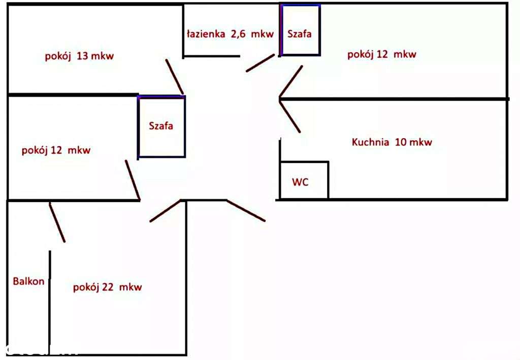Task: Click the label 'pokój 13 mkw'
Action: click(x=79, y=56)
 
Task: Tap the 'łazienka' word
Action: click(x=205, y=34)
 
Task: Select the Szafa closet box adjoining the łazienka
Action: click(x=300, y=30)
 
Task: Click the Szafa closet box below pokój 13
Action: click(x=161, y=126)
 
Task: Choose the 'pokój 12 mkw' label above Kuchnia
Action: click(x=381, y=55)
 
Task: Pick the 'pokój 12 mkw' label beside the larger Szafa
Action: click(x=56, y=150)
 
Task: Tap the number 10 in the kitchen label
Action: click(x=400, y=142)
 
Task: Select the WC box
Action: click(x=304, y=181)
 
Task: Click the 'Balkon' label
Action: click(x=29, y=281)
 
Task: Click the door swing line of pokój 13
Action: click(x=174, y=76)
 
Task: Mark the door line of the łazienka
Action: click(x=261, y=63)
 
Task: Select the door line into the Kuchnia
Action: click(x=289, y=117)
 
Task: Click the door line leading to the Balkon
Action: click(x=57, y=222)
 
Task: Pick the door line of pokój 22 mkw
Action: click(x=165, y=211)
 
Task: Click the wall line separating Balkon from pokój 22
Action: click(x=50, y=300)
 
